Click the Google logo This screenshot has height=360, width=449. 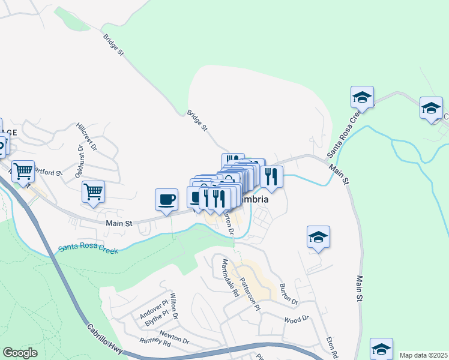[20, 353]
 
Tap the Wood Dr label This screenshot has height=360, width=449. [296, 319]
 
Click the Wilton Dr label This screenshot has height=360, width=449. [174, 305]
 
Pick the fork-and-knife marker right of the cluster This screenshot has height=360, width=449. [271, 176]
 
